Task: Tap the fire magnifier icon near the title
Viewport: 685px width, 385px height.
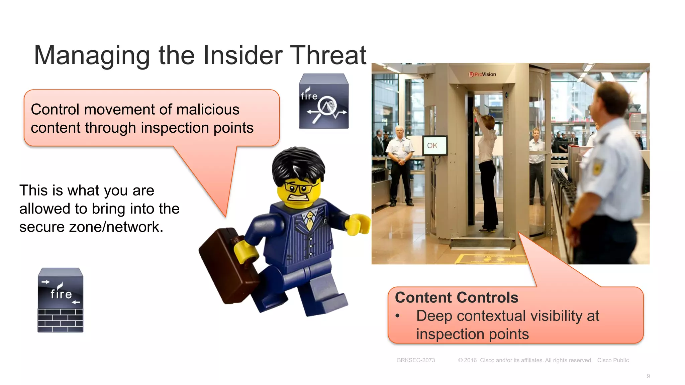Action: pyautogui.click(x=324, y=101)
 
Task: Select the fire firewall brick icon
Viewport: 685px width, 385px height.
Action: pyautogui.click(x=61, y=300)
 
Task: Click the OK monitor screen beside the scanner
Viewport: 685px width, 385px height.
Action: pyautogui.click(x=434, y=145)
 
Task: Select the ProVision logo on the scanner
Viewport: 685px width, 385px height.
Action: pyautogui.click(x=482, y=74)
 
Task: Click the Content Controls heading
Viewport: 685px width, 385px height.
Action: pyautogui.click(x=457, y=297)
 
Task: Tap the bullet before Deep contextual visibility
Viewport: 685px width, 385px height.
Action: pyautogui.click(x=398, y=316)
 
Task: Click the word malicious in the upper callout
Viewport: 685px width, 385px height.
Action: pyautogui.click(x=208, y=110)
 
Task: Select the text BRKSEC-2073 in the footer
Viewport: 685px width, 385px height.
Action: pyautogui.click(x=416, y=360)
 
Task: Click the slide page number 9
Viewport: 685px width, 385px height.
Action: pyautogui.click(x=648, y=376)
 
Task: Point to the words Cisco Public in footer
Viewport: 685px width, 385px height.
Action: pyautogui.click(x=613, y=360)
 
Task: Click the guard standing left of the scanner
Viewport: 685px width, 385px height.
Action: pyautogui.click(x=400, y=164)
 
